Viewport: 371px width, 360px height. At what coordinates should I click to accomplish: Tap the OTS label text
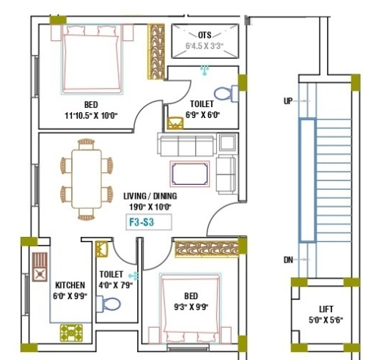click(206, 34)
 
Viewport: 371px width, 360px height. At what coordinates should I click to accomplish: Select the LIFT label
click(326, 309)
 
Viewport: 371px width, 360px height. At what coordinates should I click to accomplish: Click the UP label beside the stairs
click(288, 100)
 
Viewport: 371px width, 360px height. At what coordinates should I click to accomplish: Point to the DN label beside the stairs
click(288, 260)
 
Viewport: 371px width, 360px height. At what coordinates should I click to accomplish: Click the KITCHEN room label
click(70, 284)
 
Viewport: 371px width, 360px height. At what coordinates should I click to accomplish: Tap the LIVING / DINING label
click(150, 196)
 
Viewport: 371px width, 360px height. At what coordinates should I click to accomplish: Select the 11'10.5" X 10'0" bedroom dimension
click(91, 115)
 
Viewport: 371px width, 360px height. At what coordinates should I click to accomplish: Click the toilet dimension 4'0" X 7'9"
click(115, 284)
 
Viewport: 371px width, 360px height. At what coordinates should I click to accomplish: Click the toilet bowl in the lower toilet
click(111, 304)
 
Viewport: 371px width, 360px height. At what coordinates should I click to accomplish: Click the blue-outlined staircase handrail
click(303, 180)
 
